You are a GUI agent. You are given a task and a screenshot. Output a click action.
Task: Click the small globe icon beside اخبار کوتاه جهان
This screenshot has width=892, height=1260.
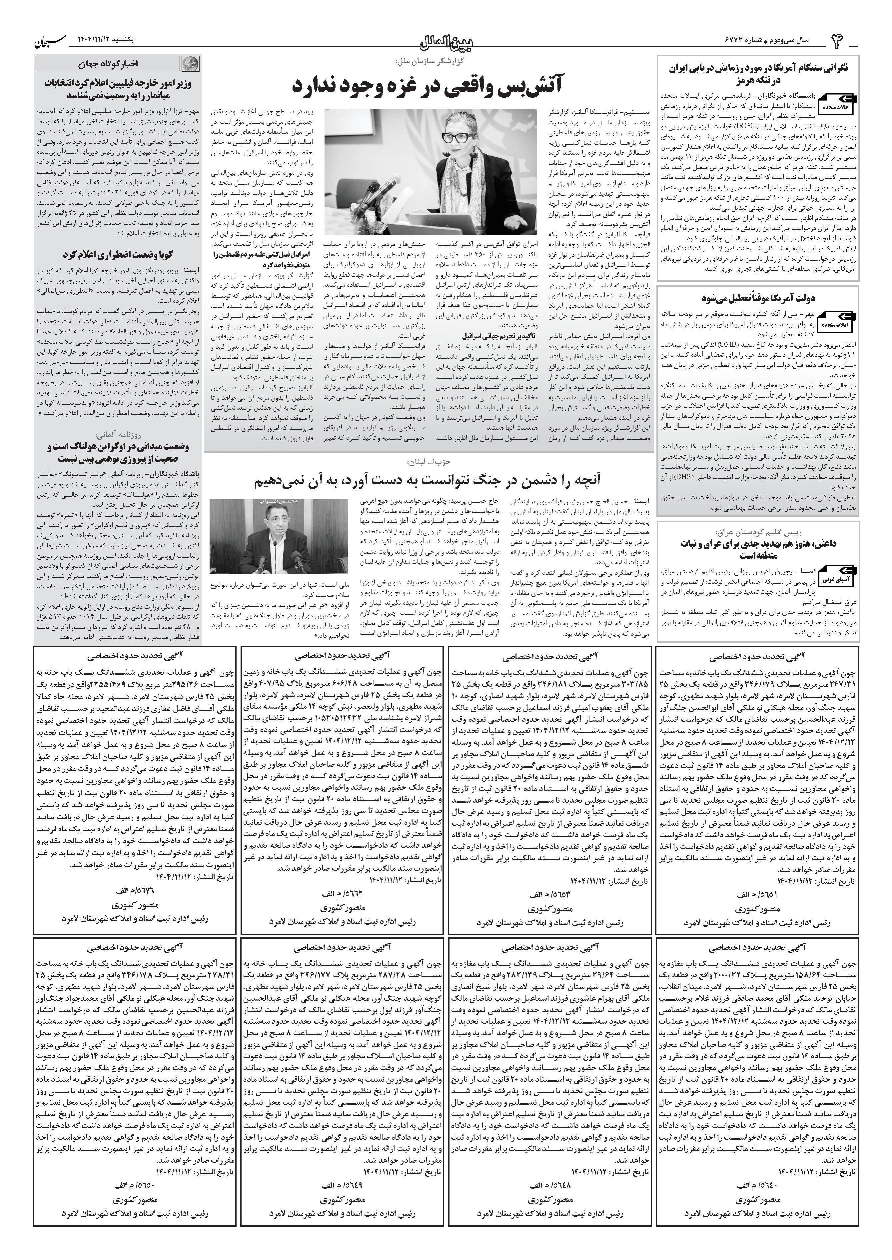click(191, 63)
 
